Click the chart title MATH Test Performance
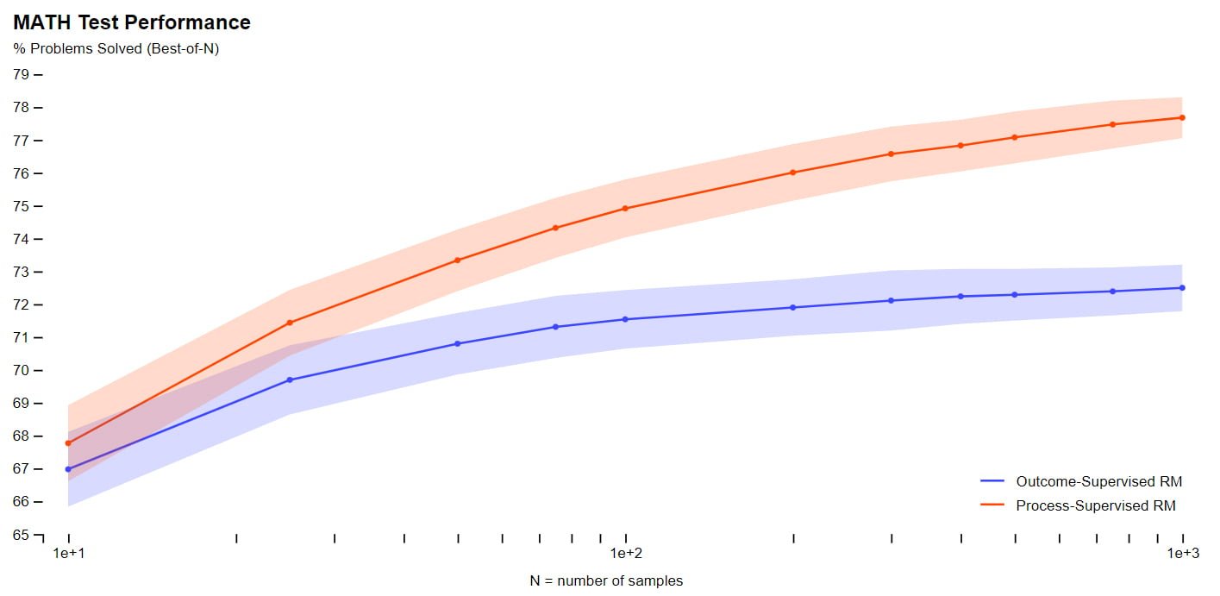[132, 23]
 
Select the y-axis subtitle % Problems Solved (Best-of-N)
[116, 49]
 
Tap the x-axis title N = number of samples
[606, 580]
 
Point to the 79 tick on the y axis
[21, 74]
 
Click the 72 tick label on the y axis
[21, 304]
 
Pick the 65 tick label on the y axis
[21, 535]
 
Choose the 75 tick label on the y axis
[21, 206]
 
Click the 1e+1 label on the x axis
[68, 552]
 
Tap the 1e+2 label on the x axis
[626, 552]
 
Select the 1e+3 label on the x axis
[1183, 552]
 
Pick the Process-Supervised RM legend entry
[1096, 505]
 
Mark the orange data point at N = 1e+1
[68, 443]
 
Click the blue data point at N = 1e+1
[68, 469]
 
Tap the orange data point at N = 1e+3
[1182, 117]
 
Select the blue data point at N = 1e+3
[1182, 288]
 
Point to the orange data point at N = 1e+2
[625, 209]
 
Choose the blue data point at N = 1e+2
[625, 319]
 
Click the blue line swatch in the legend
[993, 481]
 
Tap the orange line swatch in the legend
[993, 505]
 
